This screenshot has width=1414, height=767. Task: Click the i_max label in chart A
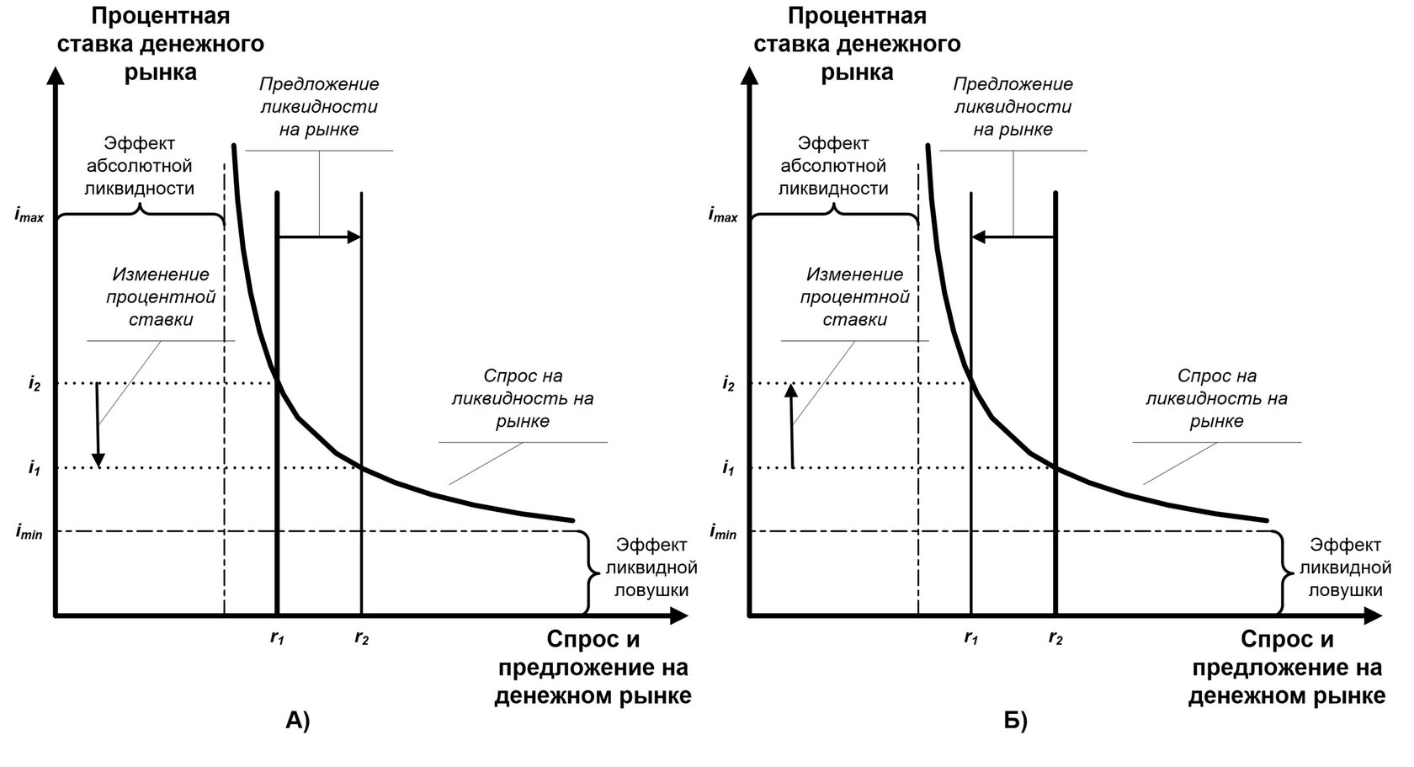29,216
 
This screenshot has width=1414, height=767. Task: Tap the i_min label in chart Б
723,532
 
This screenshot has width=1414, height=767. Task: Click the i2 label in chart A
34,385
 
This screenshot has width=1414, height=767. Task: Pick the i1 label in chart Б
728,469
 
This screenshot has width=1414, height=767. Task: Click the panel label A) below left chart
298,721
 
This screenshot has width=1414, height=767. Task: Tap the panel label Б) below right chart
1015,721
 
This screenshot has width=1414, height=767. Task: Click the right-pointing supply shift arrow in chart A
319,237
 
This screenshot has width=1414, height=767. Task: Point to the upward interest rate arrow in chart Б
791,425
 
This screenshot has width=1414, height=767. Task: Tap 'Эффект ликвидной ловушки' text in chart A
651,567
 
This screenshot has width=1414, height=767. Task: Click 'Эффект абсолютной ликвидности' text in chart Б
833,166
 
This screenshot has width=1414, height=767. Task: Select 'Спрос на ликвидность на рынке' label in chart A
523,398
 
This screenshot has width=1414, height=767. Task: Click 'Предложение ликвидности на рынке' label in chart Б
1013,107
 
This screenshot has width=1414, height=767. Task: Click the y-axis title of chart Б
857,44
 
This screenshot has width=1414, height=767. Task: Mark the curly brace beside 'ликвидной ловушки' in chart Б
1282,573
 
